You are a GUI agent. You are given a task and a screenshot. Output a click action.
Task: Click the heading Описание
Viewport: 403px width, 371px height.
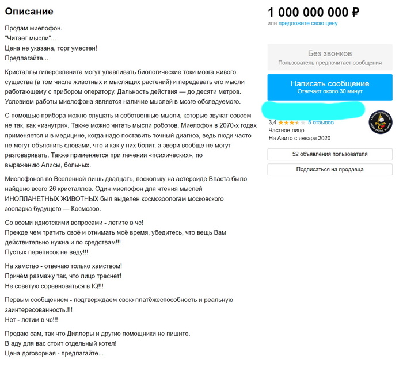point(29,12)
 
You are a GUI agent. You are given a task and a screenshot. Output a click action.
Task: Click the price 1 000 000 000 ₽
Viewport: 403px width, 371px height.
point(313,12)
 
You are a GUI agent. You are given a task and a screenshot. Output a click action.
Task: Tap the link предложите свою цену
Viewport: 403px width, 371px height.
point(308,24)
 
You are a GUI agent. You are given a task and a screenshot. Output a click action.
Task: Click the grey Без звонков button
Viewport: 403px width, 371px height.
point(329,57)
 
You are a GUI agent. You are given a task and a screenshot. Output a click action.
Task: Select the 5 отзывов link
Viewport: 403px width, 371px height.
point(321,123)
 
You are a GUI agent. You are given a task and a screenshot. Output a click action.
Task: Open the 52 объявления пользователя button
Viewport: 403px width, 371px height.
point(329,154)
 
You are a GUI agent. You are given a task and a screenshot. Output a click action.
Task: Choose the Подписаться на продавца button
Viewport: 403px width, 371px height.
point(329,170)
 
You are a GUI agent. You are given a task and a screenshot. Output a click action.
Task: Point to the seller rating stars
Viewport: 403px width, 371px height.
point(289,123)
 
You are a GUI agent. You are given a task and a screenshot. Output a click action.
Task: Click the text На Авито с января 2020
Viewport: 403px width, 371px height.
point(300,138)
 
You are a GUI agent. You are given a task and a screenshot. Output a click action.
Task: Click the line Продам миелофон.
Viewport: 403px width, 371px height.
point(33,28)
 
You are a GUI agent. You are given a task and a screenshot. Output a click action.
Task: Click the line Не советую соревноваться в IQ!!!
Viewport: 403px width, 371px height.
point(54,286)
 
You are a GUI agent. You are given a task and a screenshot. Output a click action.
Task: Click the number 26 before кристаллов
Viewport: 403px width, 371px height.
point(174,189)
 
